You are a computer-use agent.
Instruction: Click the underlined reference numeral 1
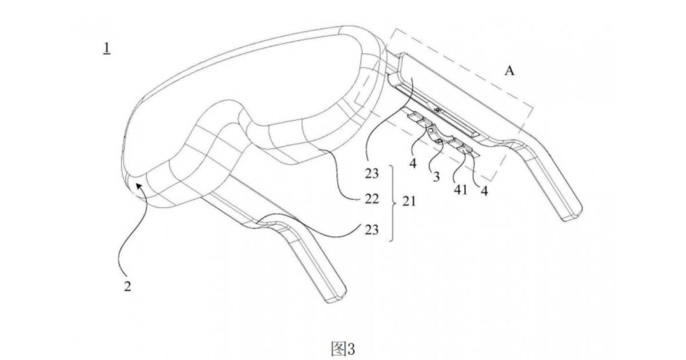[107, 49]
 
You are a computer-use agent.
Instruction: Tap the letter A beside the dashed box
[509, 71]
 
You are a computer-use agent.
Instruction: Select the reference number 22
[372, 199]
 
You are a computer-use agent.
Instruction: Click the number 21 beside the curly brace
[409, 201]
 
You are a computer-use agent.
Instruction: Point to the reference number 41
[461, 190]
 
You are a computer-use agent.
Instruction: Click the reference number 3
[436, 177]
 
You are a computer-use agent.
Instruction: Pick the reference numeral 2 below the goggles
[127, 286]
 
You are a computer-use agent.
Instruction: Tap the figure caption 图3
[343, 349]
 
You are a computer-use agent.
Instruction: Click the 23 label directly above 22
[372, 174]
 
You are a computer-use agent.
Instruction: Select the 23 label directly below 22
[372, 230]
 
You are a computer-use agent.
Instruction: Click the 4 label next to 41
[484, 191]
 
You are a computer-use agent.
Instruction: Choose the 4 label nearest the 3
[413, 163]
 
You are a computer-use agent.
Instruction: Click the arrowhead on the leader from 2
[139, 186]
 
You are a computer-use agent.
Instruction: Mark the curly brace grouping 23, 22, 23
[391, 203]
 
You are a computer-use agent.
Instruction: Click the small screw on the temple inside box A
[438, 110]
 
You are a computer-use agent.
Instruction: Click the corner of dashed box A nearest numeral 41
[492, 181]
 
